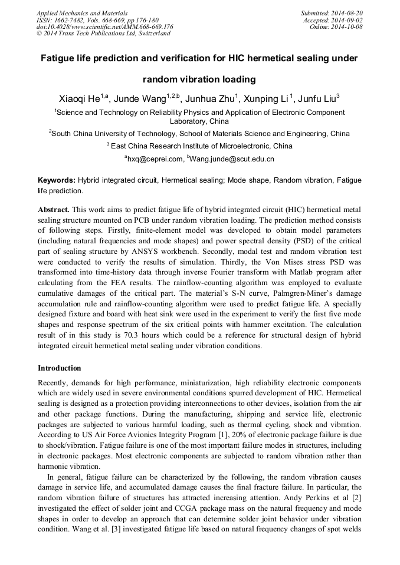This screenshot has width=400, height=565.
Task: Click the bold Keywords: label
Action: pos(57,180)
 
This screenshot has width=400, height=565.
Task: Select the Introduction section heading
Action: pos(60,368)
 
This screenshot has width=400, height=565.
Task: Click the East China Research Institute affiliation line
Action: pos(199,146)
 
